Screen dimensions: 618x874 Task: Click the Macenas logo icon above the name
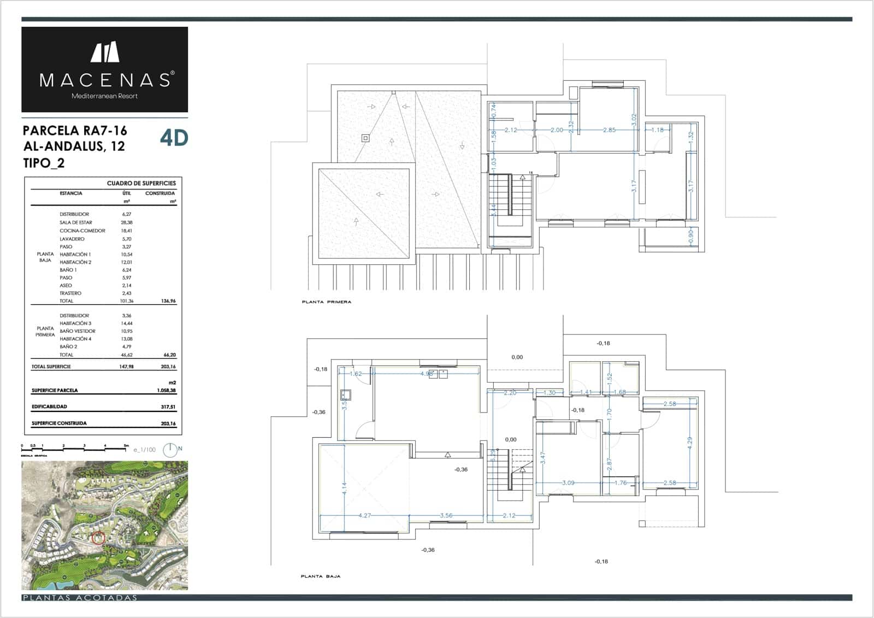click(x=105, y=52)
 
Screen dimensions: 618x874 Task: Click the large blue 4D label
click(x=174, y=138)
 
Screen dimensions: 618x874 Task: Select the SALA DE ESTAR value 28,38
click(x=127, y=222)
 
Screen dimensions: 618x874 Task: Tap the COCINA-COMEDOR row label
click(x=82, y=231)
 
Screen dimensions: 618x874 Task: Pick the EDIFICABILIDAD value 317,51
click(x=168, y=407)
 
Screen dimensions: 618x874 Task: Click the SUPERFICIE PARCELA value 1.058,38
click(x=166, y=391)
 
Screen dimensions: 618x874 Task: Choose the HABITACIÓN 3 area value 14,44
click(x=127, y=323)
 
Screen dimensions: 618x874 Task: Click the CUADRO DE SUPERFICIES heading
click(x=141, y=183)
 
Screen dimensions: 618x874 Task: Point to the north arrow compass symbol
click(x=170, y=450)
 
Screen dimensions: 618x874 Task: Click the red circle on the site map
click(x=98, y=538)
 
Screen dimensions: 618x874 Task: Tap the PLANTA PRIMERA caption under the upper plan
click(x=327, y=302)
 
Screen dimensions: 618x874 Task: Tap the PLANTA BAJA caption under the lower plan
click(x=321, y=576)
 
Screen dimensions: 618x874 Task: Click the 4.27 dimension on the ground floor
click(x=365, y=515)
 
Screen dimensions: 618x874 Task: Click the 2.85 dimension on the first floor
click(x=609, y=130)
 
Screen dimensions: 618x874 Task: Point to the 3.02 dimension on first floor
click(x=634, y=120)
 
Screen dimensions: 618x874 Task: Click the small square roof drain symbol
click(x=365, y=138)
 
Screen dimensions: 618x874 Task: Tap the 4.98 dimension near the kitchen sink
click(x=427, y=374)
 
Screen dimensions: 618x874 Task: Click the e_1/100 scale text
click(x=145, y=450)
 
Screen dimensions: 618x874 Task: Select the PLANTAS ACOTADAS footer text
click(x=80, y=597)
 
